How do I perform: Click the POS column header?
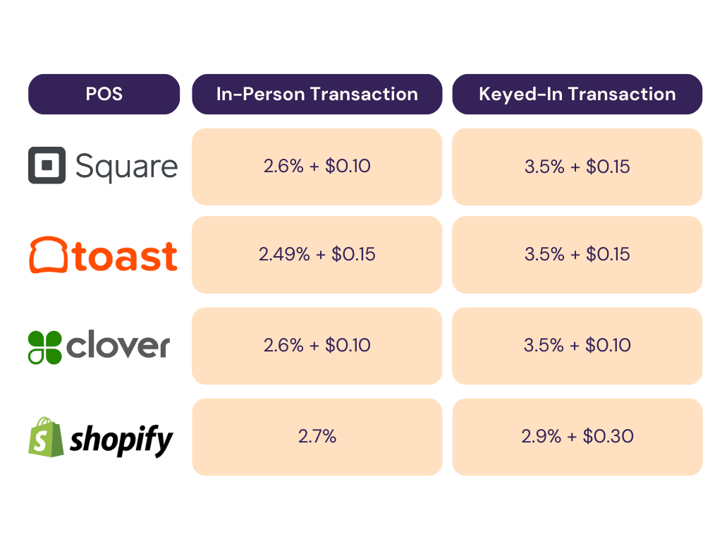(x=104, y=94)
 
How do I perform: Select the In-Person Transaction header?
(x=317, y=94)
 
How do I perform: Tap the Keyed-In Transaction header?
(x=577, y=94)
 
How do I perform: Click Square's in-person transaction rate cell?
(x=317, y=167)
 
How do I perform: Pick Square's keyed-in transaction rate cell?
(x=577, y=167)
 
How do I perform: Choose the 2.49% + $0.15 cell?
(x=317, y=254)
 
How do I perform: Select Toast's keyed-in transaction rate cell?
(x=577, y=254)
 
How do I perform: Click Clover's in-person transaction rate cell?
(x=317, y=345)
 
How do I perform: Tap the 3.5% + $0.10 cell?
(x=577, y=345)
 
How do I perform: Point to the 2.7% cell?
(x=317, y=436)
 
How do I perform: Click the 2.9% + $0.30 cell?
(x=577, y=436)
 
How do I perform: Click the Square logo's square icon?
(x=47, y=165)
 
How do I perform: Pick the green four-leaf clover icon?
(x=44, y=347)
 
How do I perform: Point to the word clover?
(x=118, y=347)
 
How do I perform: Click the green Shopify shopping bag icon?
(x=44, y=437)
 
